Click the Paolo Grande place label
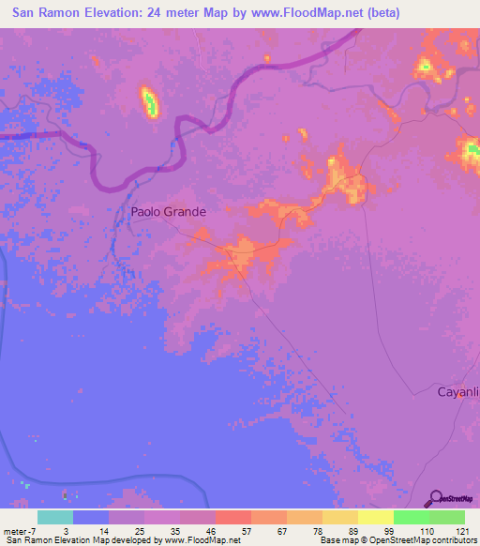pyautogui.click(x=168, y=212)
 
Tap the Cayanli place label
pyautogui.click(x=458, y=392)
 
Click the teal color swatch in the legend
pyautogui.click(x=54, y=517)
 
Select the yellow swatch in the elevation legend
pyautogui.click(x=375, y=517)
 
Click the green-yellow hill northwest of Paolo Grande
pyautogui.click(x=149, y=102)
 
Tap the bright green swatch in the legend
pyautogui.click(x=411, y=517)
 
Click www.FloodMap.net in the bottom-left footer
pyautogui.click(x=201, y=540)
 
